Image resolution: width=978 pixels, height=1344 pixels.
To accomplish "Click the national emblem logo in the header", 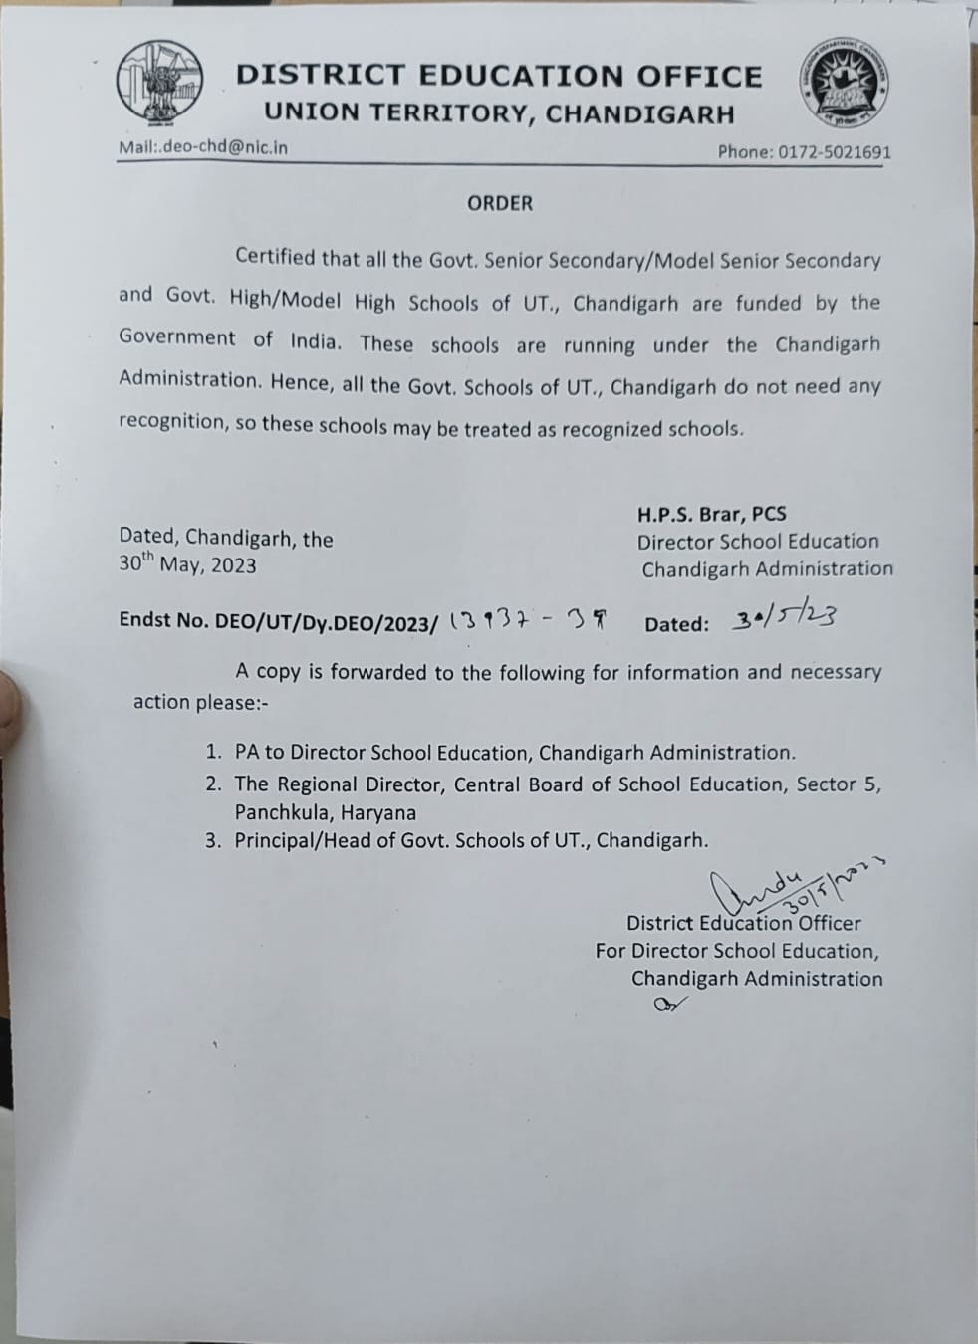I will tap(157, 84).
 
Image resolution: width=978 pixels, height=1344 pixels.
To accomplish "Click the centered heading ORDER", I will tap(500, 203).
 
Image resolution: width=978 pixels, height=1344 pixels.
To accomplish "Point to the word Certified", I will tap(275, 257).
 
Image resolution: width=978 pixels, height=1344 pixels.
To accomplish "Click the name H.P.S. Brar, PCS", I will tap(712, 514).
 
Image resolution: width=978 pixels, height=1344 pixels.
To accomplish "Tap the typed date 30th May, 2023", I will tap(188, 564).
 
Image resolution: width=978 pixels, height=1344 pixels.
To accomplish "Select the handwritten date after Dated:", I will tap(784, 620).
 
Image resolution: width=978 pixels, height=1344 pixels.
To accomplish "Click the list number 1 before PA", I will tap(212, 753).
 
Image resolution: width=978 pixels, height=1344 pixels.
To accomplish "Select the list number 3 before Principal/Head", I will tap(212, 840).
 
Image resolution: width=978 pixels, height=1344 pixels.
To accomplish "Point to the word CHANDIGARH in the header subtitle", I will tap(639, 113).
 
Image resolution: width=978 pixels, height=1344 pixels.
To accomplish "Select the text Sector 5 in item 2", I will tap(839, 784).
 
